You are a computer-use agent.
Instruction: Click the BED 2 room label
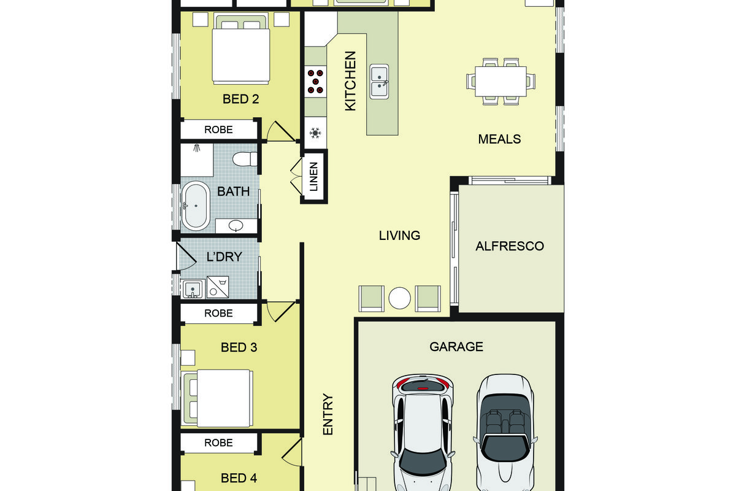[240, 99]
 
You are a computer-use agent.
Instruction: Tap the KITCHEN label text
[350, 81]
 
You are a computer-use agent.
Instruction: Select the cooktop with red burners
[315, 81]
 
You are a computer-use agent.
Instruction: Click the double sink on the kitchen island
[379, 82]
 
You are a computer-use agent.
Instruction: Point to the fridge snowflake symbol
[315, 133]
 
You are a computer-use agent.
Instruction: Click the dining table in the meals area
[500, 82]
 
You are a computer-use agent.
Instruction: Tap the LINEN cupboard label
[314, 176]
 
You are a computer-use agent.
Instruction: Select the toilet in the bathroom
[245, 159]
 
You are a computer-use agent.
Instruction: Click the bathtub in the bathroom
[196, 206]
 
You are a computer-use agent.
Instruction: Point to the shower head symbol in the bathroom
[197, 148]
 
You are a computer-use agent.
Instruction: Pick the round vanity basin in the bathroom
[236, 225]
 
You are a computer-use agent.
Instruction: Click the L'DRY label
[224, 257]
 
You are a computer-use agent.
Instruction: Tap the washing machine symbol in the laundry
[218, 287]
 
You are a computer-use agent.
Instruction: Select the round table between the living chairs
[399, 298]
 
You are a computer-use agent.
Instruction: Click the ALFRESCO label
[510, 246]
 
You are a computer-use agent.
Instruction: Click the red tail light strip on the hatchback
[423, 389]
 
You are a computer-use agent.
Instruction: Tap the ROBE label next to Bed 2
[218, 130]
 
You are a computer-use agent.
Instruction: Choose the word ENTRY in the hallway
[328, 414]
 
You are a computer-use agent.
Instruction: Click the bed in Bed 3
[218, 398]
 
